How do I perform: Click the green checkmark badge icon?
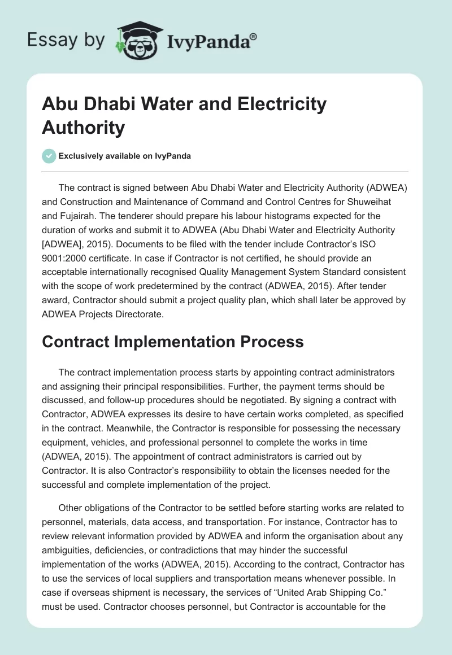[49, 156]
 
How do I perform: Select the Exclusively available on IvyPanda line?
[124, 156]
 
